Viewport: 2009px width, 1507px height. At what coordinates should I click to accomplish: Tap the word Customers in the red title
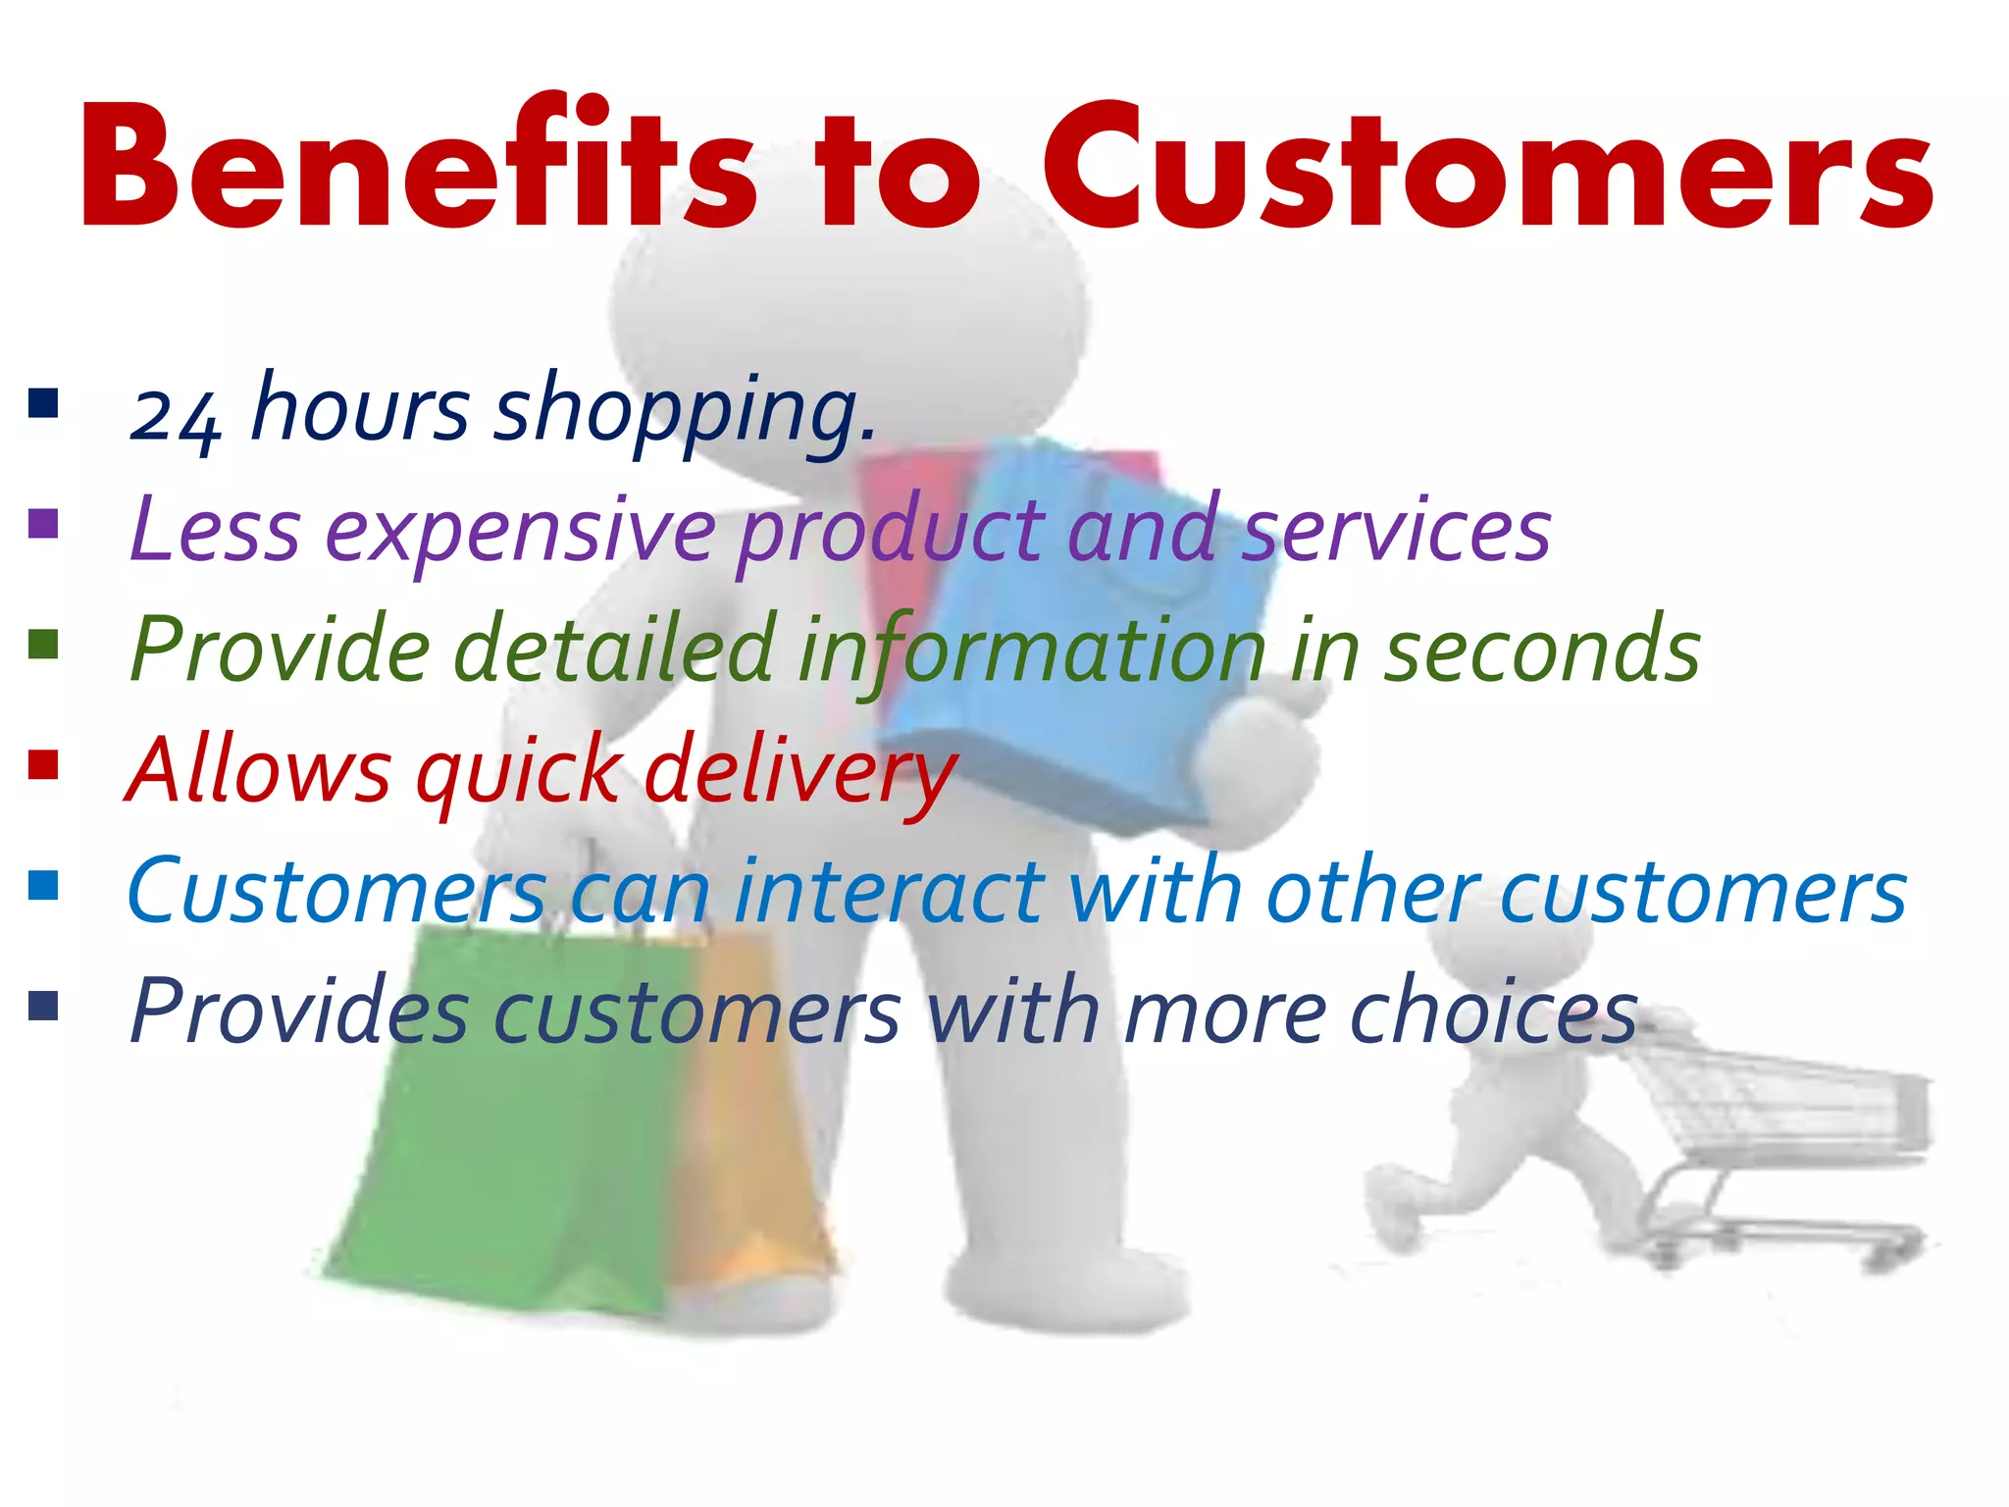pyautogui.click(x=1487, y=167)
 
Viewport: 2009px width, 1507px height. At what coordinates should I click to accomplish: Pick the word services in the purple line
pyautogui.click(x=1397, y=531)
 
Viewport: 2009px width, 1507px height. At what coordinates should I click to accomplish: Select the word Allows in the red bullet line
pyautogui.click(x=259, y=771)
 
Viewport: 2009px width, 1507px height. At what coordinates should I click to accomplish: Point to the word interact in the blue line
pyautogui.click(x=889, y=892)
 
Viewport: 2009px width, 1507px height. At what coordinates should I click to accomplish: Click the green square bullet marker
pyautogui.click(x=44, y=646)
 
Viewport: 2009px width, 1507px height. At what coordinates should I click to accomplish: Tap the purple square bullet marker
pyautogui.click(x=44, y=524)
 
